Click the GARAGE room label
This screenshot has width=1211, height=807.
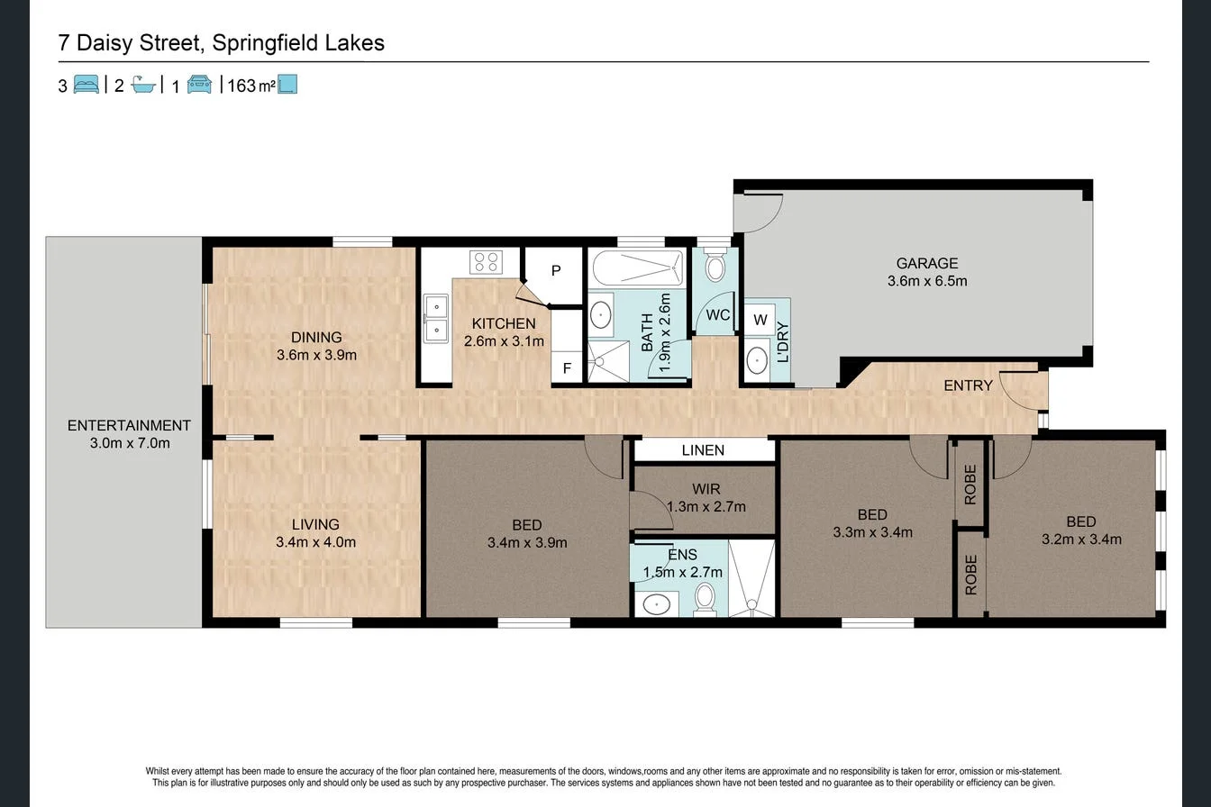pyautogui.click(x=926, y=263)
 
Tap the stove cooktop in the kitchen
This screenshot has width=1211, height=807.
pyautogui.click(x=486, y=262)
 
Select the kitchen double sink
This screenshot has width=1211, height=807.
pyautogui.click(x=436, y=319)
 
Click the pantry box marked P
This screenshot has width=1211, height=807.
pyautogui.click(x=556, y=271)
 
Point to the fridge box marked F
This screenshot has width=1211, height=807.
pyautogui.click(x=567, y=367)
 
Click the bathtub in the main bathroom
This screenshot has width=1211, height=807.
pyautogui.click(x=636, y=267)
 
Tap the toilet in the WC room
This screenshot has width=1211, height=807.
pyautogui.click(x=715, y=267)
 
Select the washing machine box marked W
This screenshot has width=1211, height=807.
pyautogui.click(x=760, y=320)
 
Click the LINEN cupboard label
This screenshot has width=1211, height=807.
pyautogui.click(x=703, y=450)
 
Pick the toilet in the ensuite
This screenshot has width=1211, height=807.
pyautogui.click(x=705, y=597)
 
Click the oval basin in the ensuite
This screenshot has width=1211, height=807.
pyautogui.click(x=657, y=603)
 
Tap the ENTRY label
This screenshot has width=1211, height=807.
pyautogui.click(x=968, y=385)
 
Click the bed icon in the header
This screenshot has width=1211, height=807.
pyautogui.click(x=86, y=85)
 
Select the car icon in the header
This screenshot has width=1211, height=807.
pyautogui.click(x=199, y=85)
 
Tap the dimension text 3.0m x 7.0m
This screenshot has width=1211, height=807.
pyautogui.click(x=130, y=443)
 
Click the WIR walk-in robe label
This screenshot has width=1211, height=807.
pyautogui.click(x=706, y=489)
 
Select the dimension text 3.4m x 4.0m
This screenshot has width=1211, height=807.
pyautogui.click(x=315, y=542)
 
